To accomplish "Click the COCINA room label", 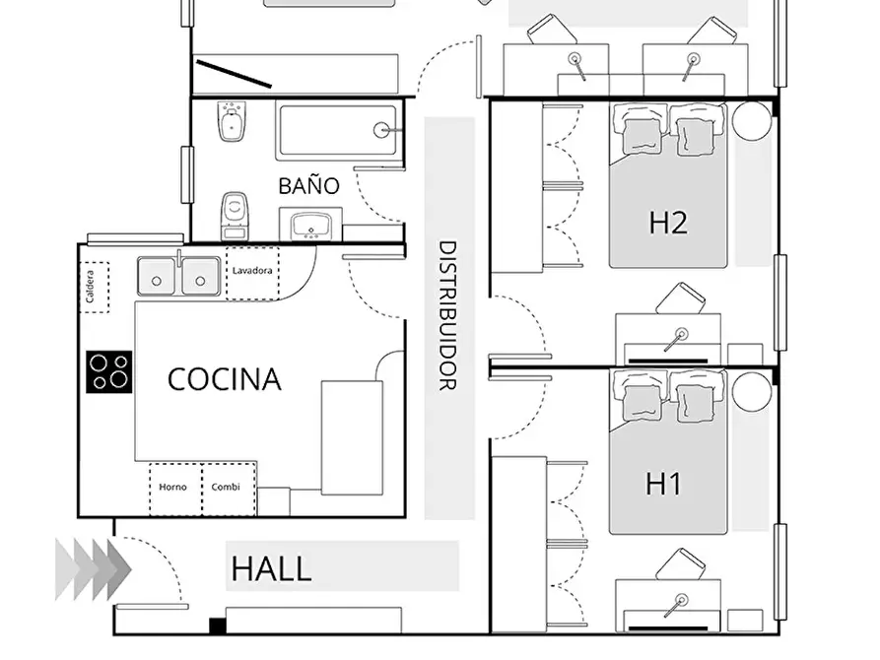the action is [225, 379].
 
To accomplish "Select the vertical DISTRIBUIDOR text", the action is [447, 315].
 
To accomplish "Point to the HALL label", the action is [271, 568].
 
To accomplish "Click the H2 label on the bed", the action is [668, 223].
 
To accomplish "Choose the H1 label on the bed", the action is [664, 484].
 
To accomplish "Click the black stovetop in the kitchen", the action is [108, 371].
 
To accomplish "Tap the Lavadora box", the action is [252, 273].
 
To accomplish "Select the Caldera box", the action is [95, 287].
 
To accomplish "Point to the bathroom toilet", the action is [235, 216].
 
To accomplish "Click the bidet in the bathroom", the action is [233, 121].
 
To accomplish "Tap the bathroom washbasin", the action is [310, 225].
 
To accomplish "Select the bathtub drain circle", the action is [381, 130].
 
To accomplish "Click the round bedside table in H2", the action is [752, 120].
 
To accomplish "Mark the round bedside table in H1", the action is [752, 392].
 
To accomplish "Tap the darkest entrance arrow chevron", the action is [119, 569].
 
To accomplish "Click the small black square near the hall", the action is [217, 626].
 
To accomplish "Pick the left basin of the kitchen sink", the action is [157, 276].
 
